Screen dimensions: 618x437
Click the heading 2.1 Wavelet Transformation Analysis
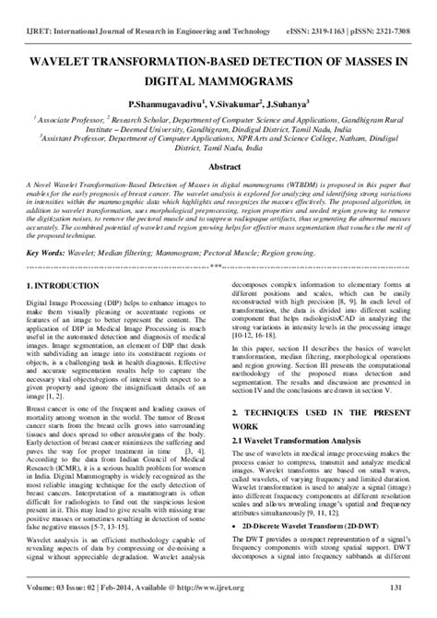tap(291, 440)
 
